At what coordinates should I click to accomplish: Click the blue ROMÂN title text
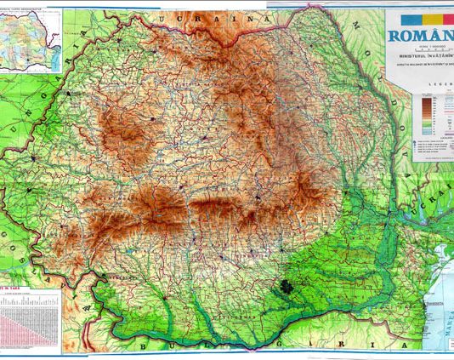pyautogui.click(x=420, y=36)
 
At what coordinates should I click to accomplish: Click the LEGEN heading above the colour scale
pyautogui.click(x=440, y=86)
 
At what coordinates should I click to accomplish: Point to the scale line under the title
pyautogui.click(x=420, y=49)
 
